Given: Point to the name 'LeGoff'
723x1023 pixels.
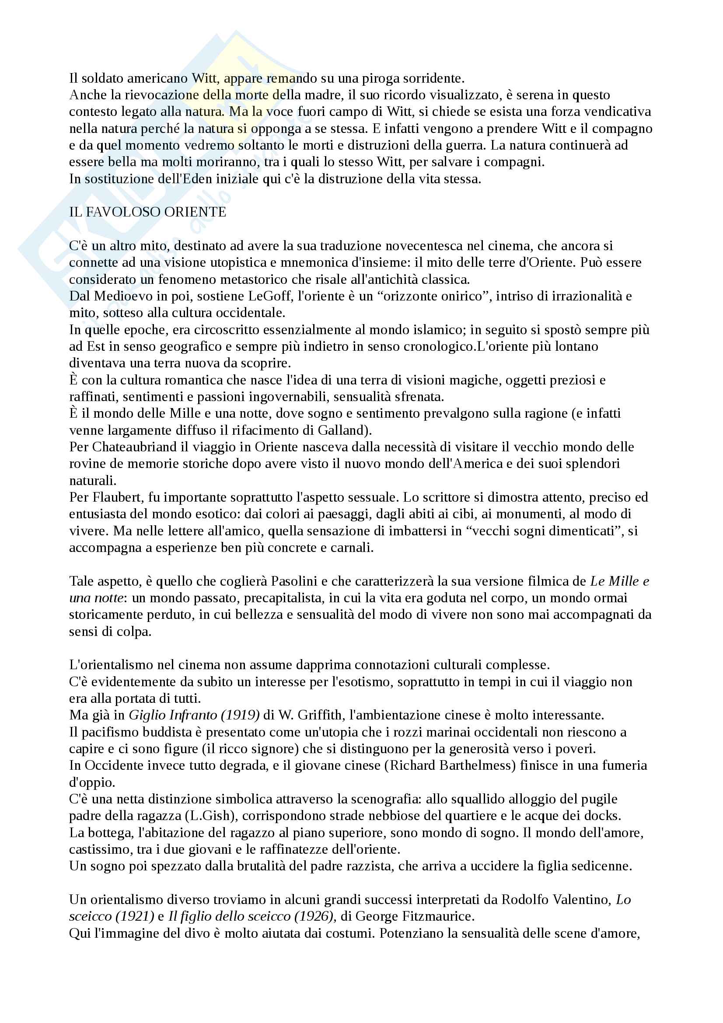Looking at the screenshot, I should point(263,296).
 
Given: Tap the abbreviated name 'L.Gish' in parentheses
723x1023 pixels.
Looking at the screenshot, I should point(210,816).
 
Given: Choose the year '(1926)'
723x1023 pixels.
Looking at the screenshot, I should point(317,917).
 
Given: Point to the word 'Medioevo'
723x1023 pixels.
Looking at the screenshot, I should point(122,296).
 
